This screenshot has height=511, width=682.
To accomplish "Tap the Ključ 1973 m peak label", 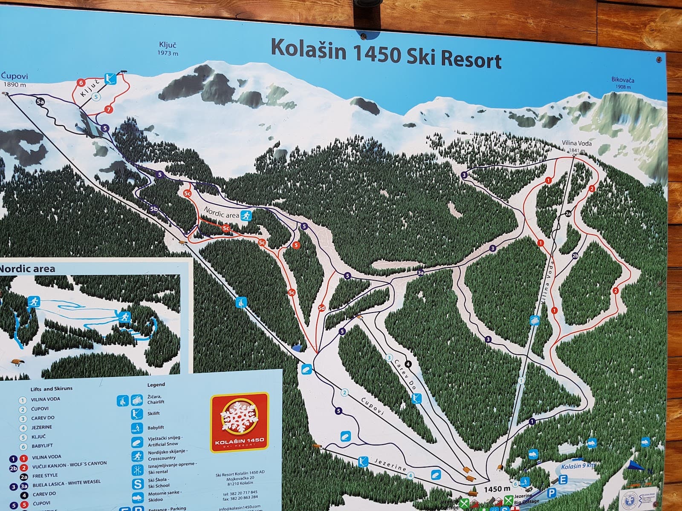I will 168,49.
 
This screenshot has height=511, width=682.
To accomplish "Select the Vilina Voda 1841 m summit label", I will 573,147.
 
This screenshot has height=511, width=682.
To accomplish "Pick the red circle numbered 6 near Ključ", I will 81,83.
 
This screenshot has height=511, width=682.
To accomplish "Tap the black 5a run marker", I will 40,102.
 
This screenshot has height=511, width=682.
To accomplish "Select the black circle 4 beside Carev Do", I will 408,364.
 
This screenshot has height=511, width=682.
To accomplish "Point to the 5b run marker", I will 154,209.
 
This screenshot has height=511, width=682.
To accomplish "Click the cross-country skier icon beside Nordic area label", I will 246,215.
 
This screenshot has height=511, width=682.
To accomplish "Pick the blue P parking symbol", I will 552,493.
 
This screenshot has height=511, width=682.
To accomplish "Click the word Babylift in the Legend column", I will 156,428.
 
